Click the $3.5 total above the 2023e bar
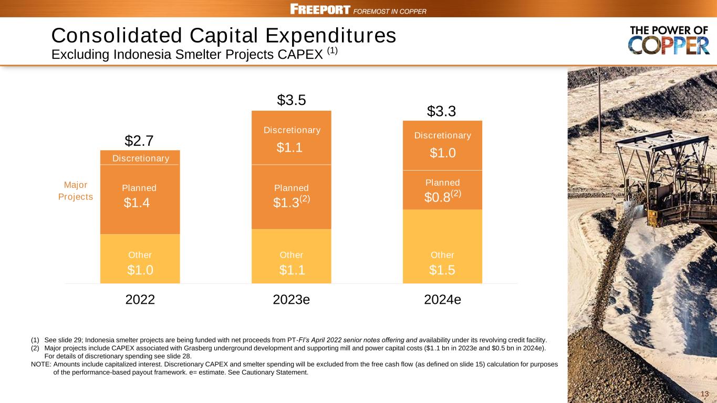291,100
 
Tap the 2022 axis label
140,300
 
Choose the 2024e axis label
442,300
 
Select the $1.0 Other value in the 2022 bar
140,270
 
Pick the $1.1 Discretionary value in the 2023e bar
289,149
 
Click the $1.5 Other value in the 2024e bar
442,270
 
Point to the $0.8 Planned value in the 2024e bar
437,197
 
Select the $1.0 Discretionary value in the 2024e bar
442,153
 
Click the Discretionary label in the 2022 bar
141,158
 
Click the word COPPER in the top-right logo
669,46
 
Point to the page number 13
705,394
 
